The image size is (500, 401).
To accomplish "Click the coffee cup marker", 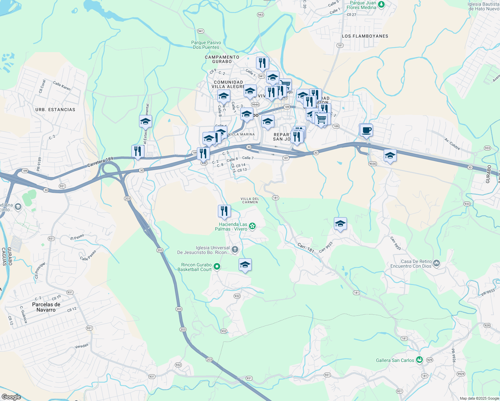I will coord(366,130).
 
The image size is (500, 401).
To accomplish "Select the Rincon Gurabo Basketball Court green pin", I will coord(217,267).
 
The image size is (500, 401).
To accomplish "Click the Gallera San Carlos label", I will coord(395,360).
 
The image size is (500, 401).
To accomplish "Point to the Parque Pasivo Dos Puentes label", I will coord(206,45).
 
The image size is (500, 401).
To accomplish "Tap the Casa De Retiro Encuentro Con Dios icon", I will coord(436,264).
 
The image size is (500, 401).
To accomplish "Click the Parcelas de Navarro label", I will coord(46,307).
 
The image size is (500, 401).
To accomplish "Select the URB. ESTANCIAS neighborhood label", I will coord(55,110).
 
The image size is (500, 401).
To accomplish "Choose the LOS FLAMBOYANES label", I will coord(365,36).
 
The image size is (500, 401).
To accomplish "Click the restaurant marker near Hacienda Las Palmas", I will coord(224,211).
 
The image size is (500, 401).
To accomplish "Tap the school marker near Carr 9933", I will coord(340,224).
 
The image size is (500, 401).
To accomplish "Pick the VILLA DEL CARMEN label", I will coord(250,200).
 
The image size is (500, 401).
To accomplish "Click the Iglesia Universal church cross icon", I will coord(235,249).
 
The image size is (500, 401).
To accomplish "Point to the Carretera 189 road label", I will coord(100,162).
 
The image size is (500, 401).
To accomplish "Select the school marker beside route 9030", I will coord(390,155).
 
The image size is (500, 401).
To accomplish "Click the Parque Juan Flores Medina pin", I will coord(381,5).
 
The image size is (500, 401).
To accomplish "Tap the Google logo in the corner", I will coord(11,397).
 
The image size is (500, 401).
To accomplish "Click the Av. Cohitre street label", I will coord(452,144).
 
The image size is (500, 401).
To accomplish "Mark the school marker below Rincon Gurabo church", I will coord(245,265).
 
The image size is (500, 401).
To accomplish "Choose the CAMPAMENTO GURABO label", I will coord(222,59).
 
